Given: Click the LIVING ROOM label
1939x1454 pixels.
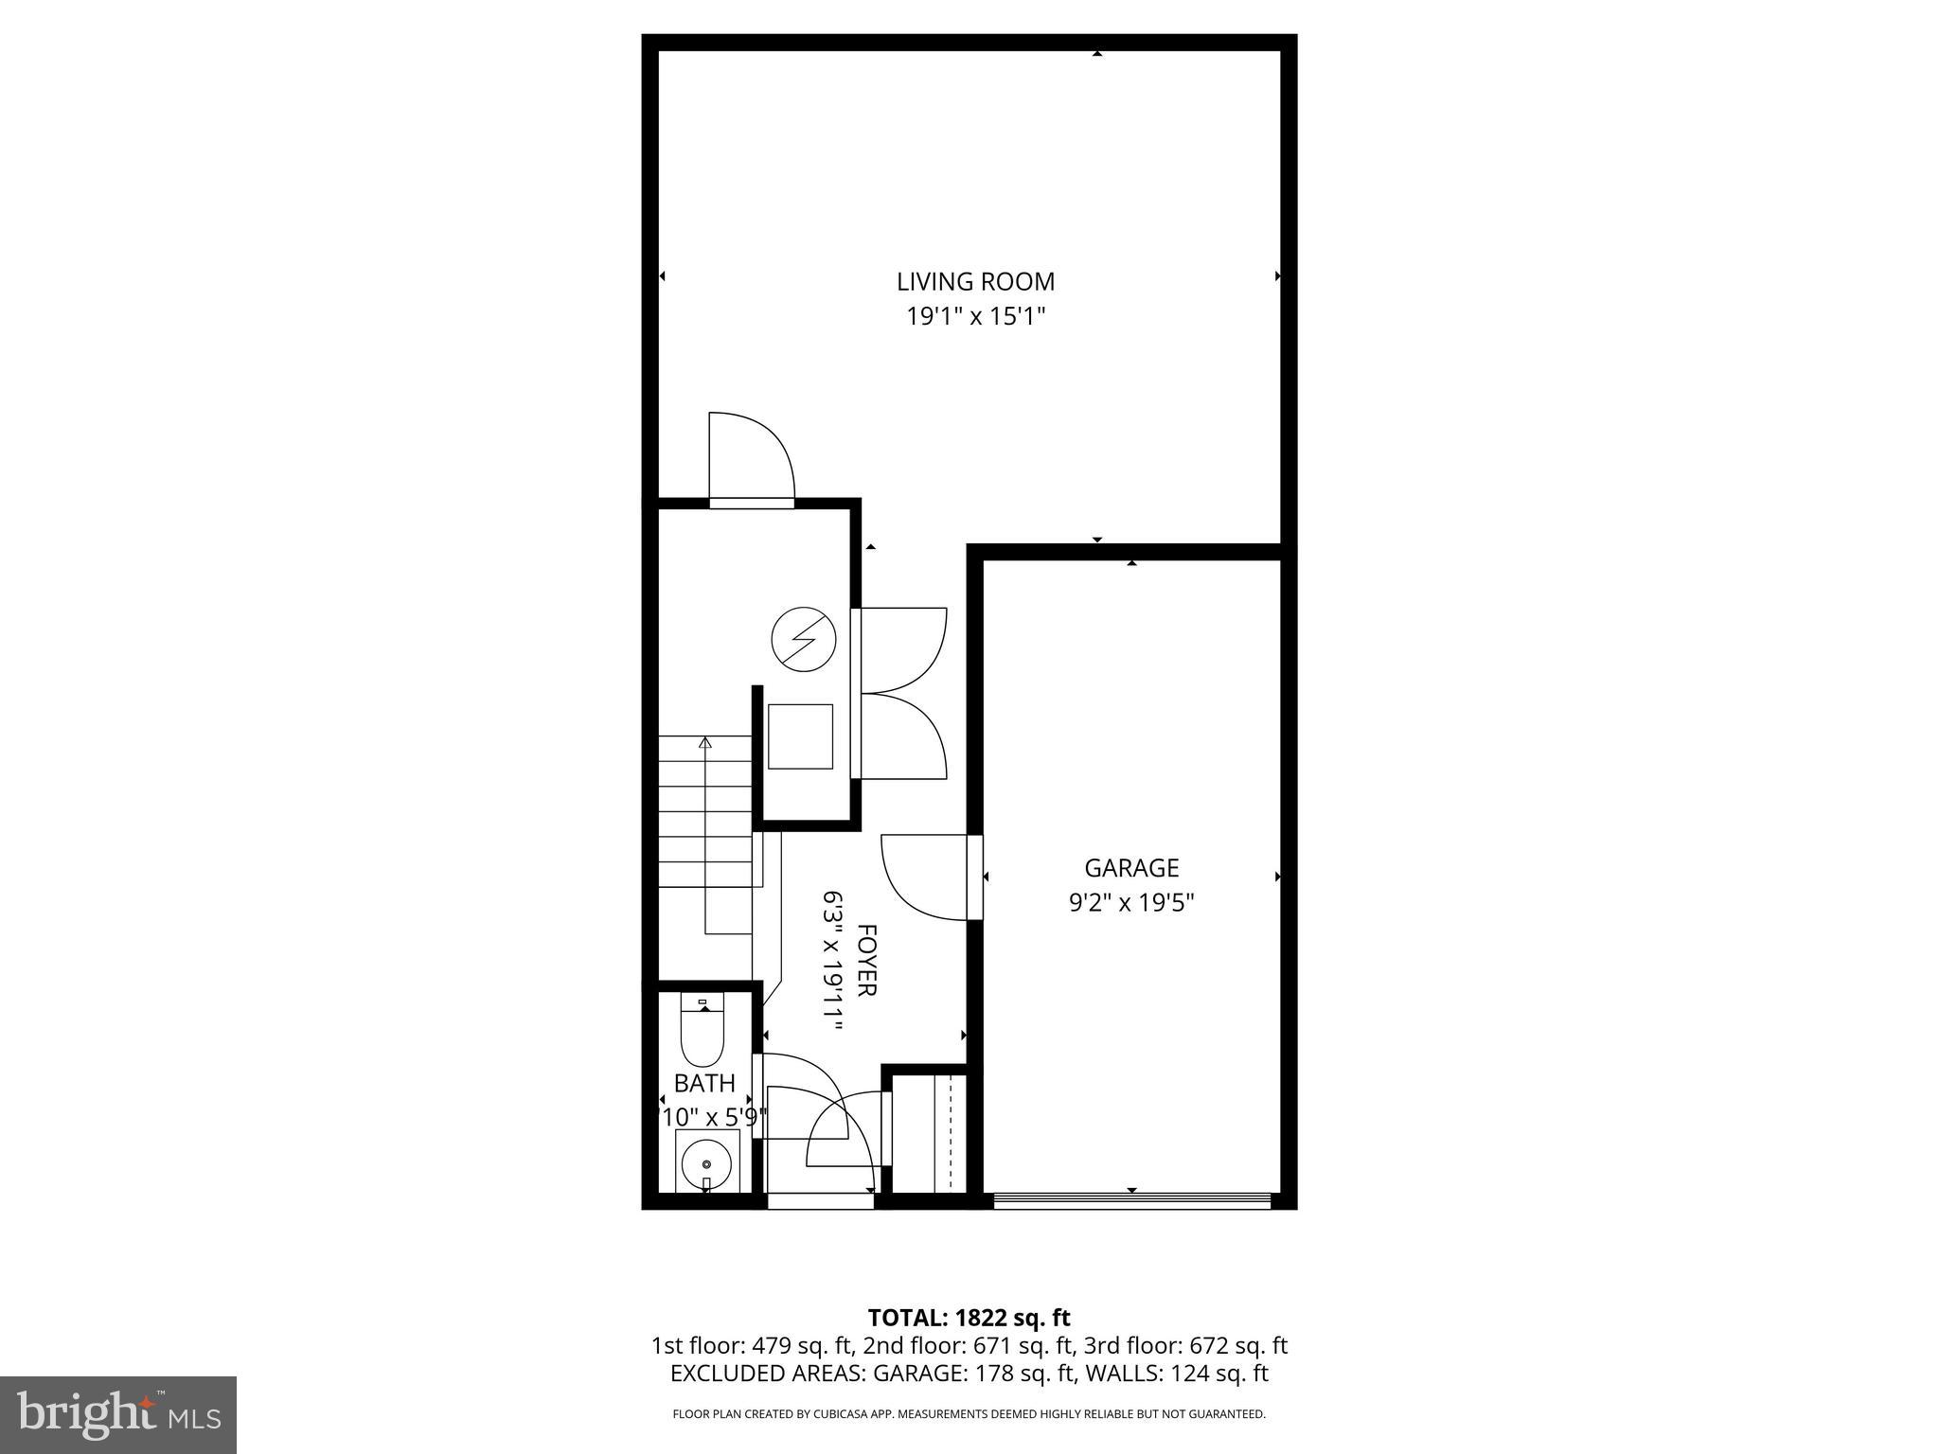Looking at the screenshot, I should pos(975,281).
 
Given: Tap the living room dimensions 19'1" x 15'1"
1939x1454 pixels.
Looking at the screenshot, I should pos(975,316).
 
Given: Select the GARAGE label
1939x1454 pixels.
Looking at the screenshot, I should pos(1131,868).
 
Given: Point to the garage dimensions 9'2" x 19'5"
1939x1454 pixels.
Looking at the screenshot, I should pos(1131,903).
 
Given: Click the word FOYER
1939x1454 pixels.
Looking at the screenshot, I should pos(866,960).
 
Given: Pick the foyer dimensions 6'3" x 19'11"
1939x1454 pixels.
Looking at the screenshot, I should pos(832,960).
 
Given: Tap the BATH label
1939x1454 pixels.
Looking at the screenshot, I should pos(704,1083).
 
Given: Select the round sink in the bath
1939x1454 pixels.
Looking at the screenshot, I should pos(706,1162).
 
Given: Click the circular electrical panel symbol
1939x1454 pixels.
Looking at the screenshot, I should pos(804,639).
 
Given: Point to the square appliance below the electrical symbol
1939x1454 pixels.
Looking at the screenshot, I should pos(800,736).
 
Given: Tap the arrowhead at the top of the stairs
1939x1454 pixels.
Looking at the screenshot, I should pos(704,743).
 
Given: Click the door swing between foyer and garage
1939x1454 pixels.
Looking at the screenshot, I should pos(923,876).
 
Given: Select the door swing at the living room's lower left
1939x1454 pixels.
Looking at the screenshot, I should pos(750,456).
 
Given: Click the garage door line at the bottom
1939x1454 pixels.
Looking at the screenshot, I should pos(1131,1201).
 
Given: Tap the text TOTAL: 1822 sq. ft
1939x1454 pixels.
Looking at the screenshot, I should pos(969,1318).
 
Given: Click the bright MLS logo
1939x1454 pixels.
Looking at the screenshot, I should pos(118,1415).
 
